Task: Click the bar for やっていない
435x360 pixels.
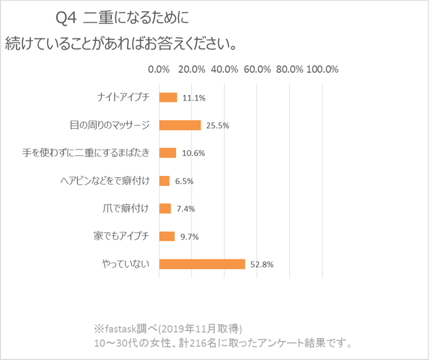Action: [202, 264]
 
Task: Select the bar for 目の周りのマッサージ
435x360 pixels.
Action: [180, 125]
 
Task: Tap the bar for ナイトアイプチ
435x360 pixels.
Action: [168, 97]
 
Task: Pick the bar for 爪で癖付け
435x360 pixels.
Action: [165, 209]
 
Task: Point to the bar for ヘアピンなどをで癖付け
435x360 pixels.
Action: [165, 181]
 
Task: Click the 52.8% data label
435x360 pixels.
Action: [262, 265]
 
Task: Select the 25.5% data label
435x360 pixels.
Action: [217, 126]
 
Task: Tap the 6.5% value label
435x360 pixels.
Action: [184, 182]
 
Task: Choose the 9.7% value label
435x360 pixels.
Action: [189, 237]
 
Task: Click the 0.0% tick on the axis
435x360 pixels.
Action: [158, 70]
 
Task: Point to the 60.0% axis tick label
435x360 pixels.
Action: [257, 70]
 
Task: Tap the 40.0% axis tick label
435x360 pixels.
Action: [224, 70]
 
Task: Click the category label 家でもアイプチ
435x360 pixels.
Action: [120, 236]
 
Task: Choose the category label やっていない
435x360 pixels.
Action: [126, 264]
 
